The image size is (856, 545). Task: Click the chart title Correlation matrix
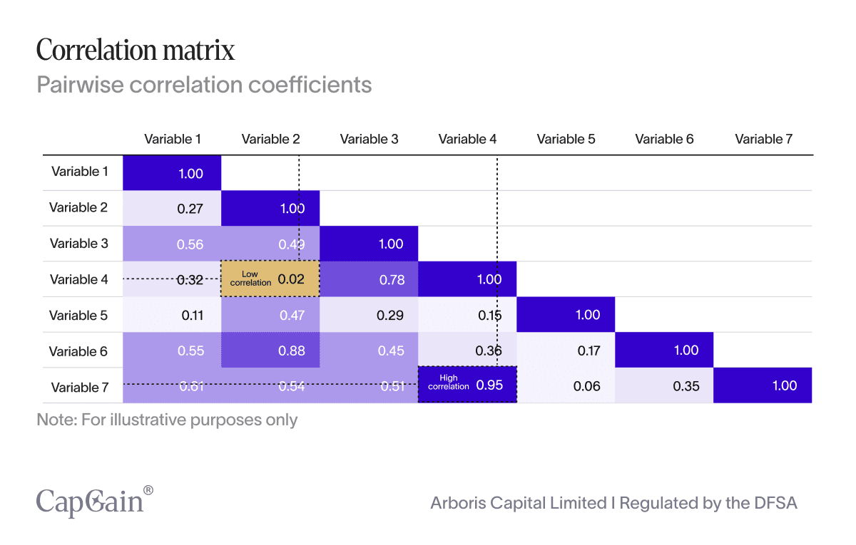pyautogui.click(x=136, y=51)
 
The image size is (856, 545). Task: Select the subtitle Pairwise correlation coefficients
pyautogui.click(x=204, y=85)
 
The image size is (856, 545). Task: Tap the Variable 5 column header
pyautogui.click(x=566, y=139)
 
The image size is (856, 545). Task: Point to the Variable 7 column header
pyautogui.click(x=763, y=139)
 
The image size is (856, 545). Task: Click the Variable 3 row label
pyautogui.click(x=78, y=243)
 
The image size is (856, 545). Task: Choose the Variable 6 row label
pyautogui.click(x=78, y=351)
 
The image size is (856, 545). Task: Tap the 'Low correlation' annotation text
pyautogui.click(x=250, y=279)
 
